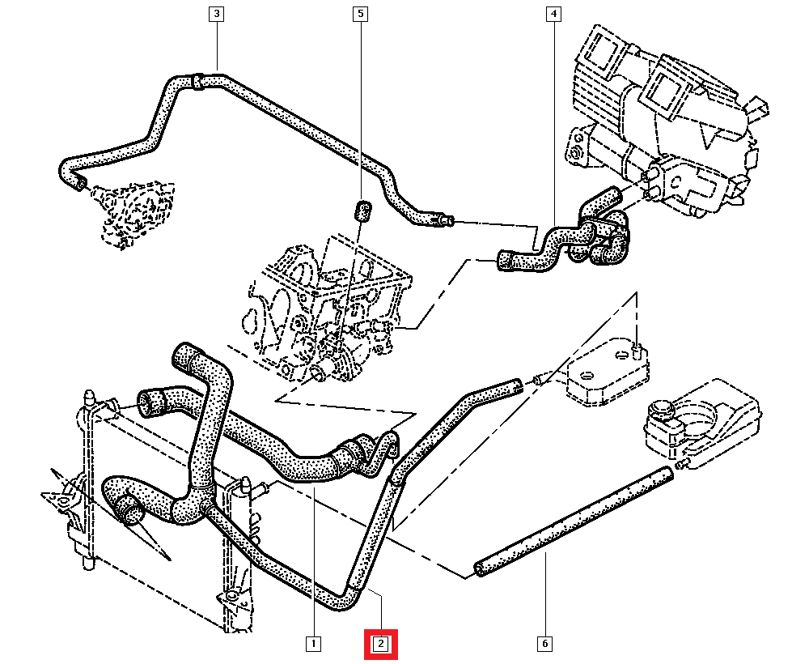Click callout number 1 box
pyautogui.click(x=312, y=644)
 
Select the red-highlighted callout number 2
pyautogui.click(x=380, y=644)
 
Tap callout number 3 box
pyautogui.click(x=216, y=14)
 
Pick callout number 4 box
pyautogui.click(x=553, y=14)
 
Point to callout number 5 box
pyautogui.click(x=361, y=14)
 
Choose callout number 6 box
pyautogui.click(x=544, y=644)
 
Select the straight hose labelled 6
pyautogui.click(x=574, y=521)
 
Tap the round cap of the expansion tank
pyautogui.click(x=661, y=410)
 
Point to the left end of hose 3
pyautogui.click(x=75, y=183)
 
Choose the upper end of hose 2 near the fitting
pyautogui.click(x=515, y=387)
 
